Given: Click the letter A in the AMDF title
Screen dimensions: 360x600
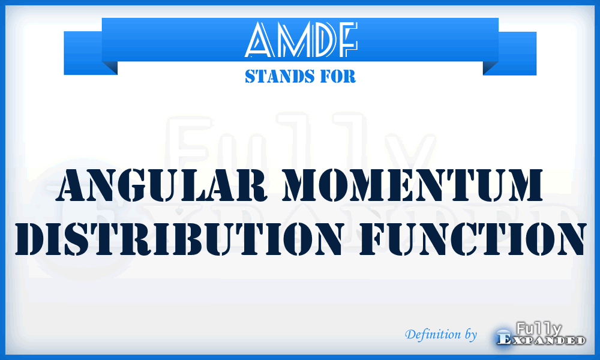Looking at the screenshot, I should [x=260, y=40].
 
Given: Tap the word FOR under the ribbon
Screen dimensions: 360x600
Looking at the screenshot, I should [x=339, y=77].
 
